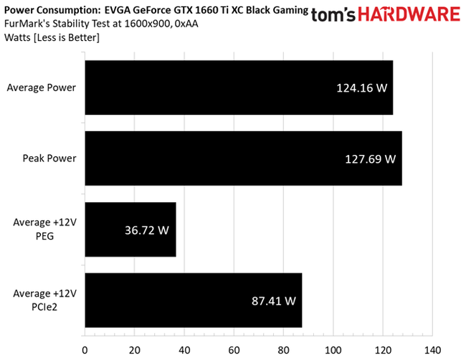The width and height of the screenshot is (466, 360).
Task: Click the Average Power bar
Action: pyautogui.click(x=239, y=87)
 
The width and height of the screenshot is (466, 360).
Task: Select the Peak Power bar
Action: pyautogui.click(x=243, y=158)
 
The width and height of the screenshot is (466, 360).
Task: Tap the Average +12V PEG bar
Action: pyautogui.click(x=130, y=229)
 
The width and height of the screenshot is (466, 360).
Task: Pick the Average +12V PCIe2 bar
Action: pyautogui.click(x=193, y=300)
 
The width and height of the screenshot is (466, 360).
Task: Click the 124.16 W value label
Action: pyautogui.click(x=361, y=89)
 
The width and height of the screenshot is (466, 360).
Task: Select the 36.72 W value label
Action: pyautogui.click(x=144, y=230)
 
